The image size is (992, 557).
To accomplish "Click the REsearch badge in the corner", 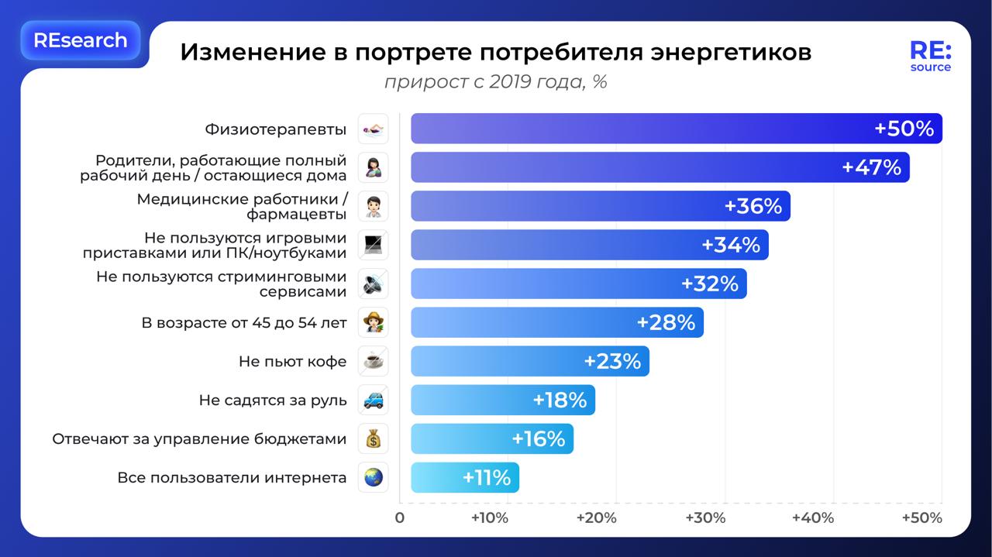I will (80, 40).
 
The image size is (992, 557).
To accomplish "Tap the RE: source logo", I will (930, 57).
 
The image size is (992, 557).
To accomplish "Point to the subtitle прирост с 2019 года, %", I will (495, 81).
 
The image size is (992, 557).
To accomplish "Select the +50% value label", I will (904, 129).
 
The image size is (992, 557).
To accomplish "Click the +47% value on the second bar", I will (871, 167).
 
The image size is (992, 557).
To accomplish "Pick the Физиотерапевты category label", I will (275, 129).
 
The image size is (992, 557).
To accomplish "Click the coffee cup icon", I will (374, 361).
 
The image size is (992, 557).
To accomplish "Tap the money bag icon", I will (374, 438).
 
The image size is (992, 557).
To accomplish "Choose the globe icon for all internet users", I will (374, 477).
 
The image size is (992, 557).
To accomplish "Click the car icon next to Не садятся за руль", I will (374, 400).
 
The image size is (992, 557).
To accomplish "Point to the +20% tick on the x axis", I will (598, 517).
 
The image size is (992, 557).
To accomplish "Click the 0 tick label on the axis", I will (400, 517).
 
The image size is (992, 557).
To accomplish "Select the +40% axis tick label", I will (815, 517).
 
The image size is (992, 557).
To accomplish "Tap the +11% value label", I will (487, 478).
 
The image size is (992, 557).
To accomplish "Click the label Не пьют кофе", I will (292, 361).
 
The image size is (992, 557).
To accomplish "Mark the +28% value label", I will (666, 322).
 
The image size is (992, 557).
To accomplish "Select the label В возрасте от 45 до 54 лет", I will (243, 322).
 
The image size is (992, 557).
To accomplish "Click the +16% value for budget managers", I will (538, 439).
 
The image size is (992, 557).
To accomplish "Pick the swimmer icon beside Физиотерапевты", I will (374, 129).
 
